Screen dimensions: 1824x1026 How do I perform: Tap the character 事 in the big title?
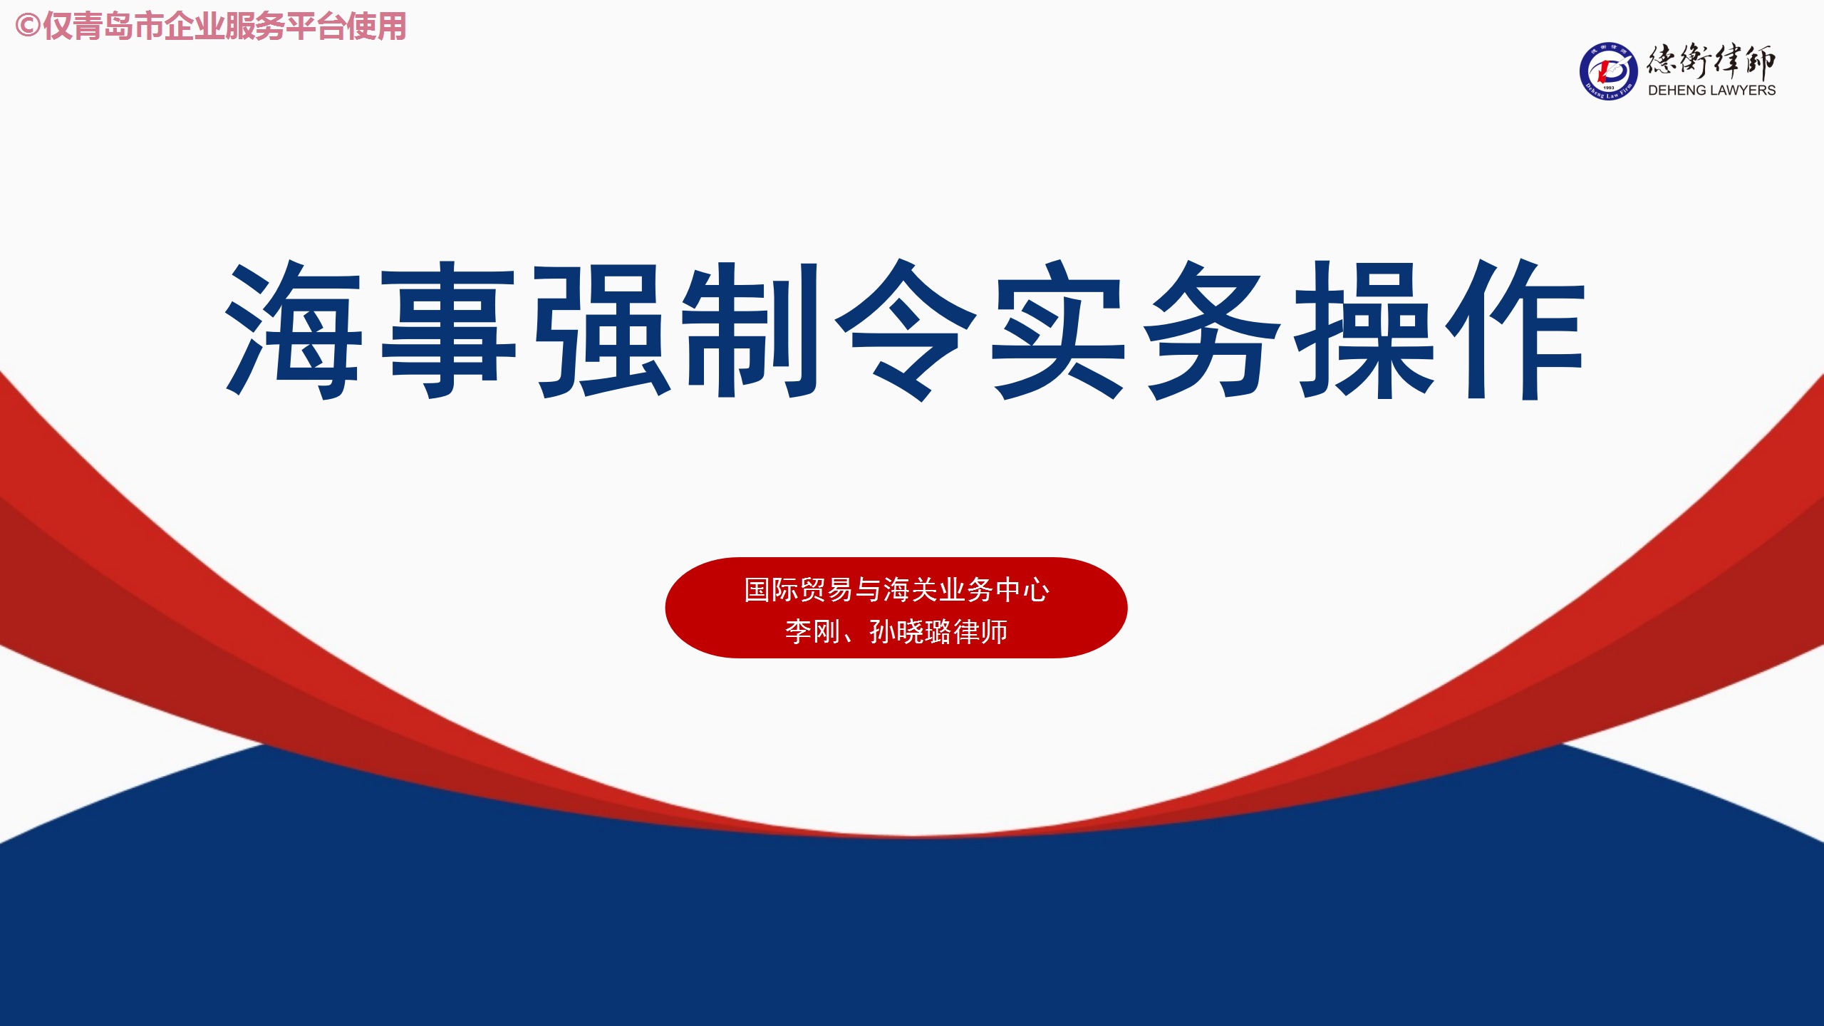coord(449,330)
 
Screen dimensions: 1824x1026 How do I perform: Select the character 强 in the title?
coord(603,330)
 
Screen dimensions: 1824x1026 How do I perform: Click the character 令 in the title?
coord(906,330)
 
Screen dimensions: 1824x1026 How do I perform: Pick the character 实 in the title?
coord(1059,330)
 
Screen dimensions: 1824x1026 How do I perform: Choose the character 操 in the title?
coord(1364,330)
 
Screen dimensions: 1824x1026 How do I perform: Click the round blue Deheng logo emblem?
coord(1608,71)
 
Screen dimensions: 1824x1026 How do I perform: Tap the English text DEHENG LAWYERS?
coord(1711,90)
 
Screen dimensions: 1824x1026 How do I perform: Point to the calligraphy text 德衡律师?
coord(1711,61)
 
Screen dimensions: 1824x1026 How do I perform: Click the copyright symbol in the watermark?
coord(28,26)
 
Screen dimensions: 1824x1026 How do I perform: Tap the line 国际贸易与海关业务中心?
coord(896,590)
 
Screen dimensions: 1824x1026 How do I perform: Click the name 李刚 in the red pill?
coord(813,631)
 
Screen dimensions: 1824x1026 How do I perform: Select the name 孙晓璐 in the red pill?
coord(911,631)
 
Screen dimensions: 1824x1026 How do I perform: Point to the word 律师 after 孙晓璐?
coord(980,631)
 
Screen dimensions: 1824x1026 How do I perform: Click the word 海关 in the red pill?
coord(910,590)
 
